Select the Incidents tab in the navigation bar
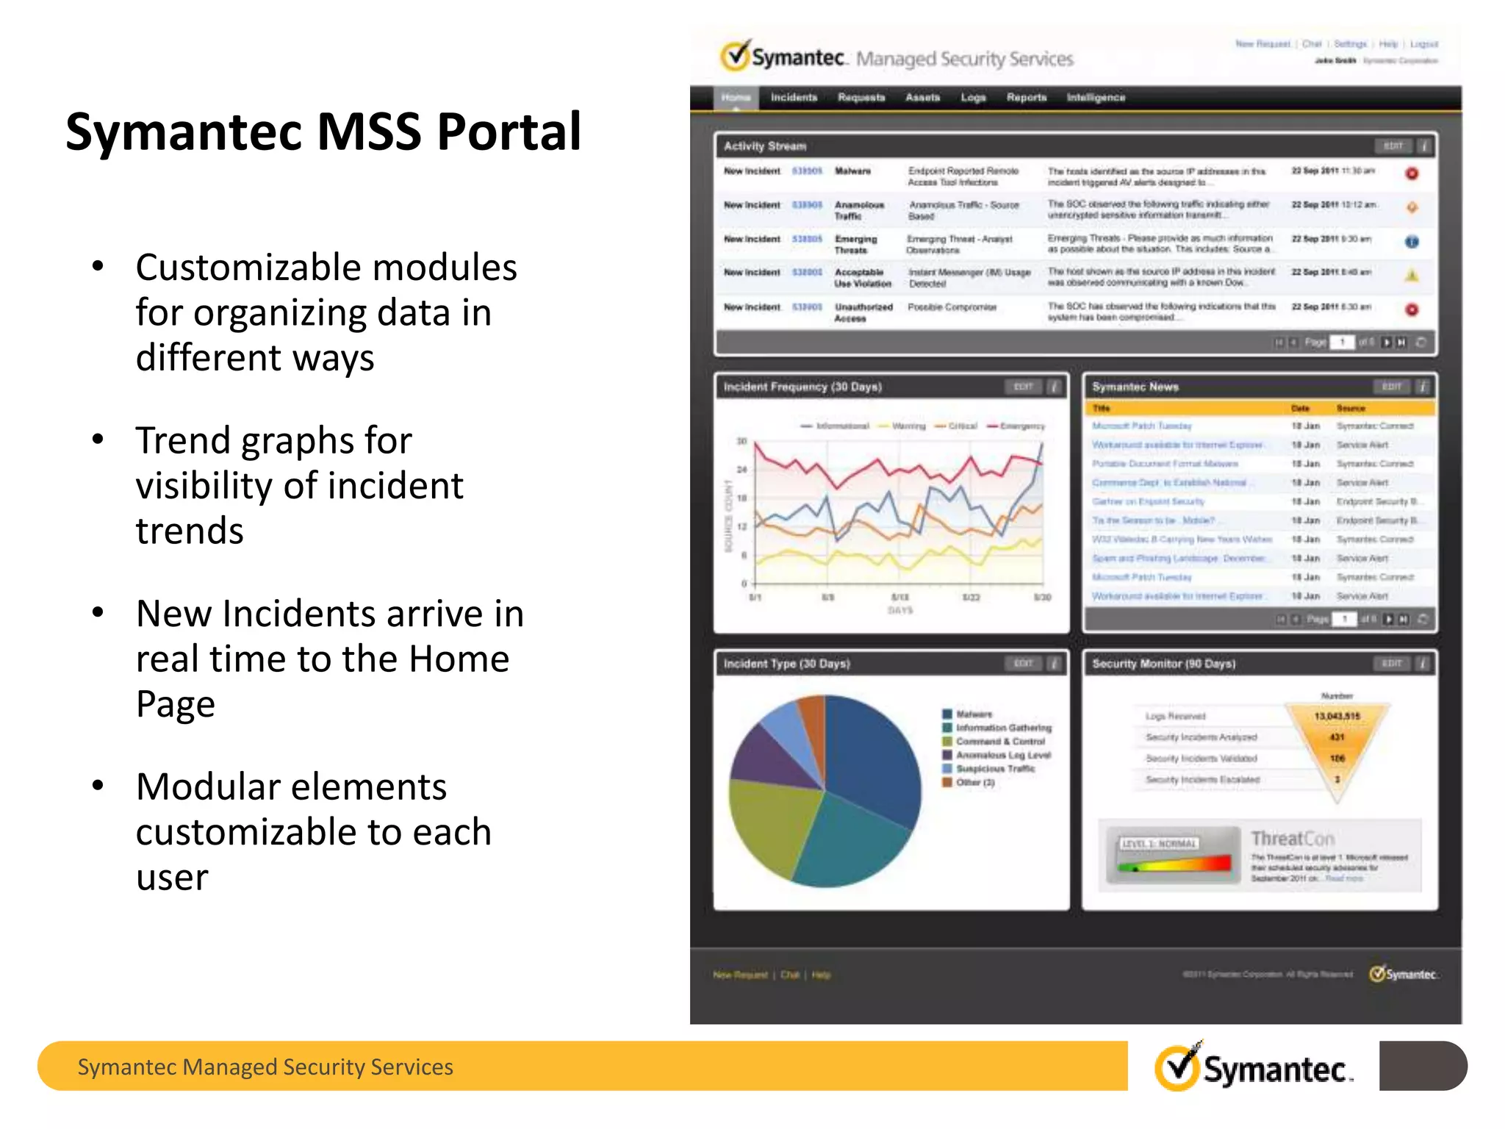794,98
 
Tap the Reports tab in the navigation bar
1026,98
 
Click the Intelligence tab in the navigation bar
1096,98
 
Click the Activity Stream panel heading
765,146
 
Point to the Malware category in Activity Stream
852,171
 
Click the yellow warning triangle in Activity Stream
1412,276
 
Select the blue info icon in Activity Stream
1412,242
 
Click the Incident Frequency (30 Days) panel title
802,387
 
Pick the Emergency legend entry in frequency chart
1021,426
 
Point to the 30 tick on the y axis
741,441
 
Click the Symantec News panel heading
1135,387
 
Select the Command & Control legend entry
999,742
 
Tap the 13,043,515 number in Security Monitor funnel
1337,716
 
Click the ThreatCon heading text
1292,839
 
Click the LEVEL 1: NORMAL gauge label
1159,843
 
